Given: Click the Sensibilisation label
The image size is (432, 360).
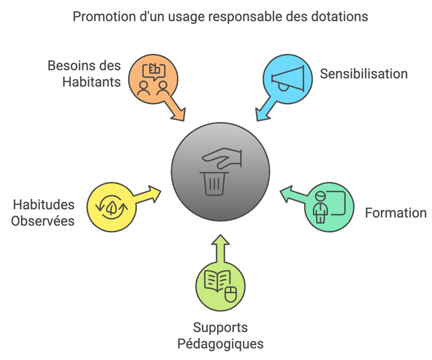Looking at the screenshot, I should pyautogui.click(x=363, y=74).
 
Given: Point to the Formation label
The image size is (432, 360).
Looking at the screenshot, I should pyautogui.click(x=395, y=213).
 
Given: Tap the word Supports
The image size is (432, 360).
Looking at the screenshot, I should pyautogui.click(x=220, y=327).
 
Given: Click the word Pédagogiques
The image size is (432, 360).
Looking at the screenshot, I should pyautogui.click(x=220, y=343).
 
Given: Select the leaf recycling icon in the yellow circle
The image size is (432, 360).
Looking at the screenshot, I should pyautogui.click(x=112, y=206).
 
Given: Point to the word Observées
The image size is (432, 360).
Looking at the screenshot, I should pyautogui.click(x=43, y=220).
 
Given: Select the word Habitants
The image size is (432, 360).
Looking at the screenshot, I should pyautogui.click(x=91, y=82).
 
